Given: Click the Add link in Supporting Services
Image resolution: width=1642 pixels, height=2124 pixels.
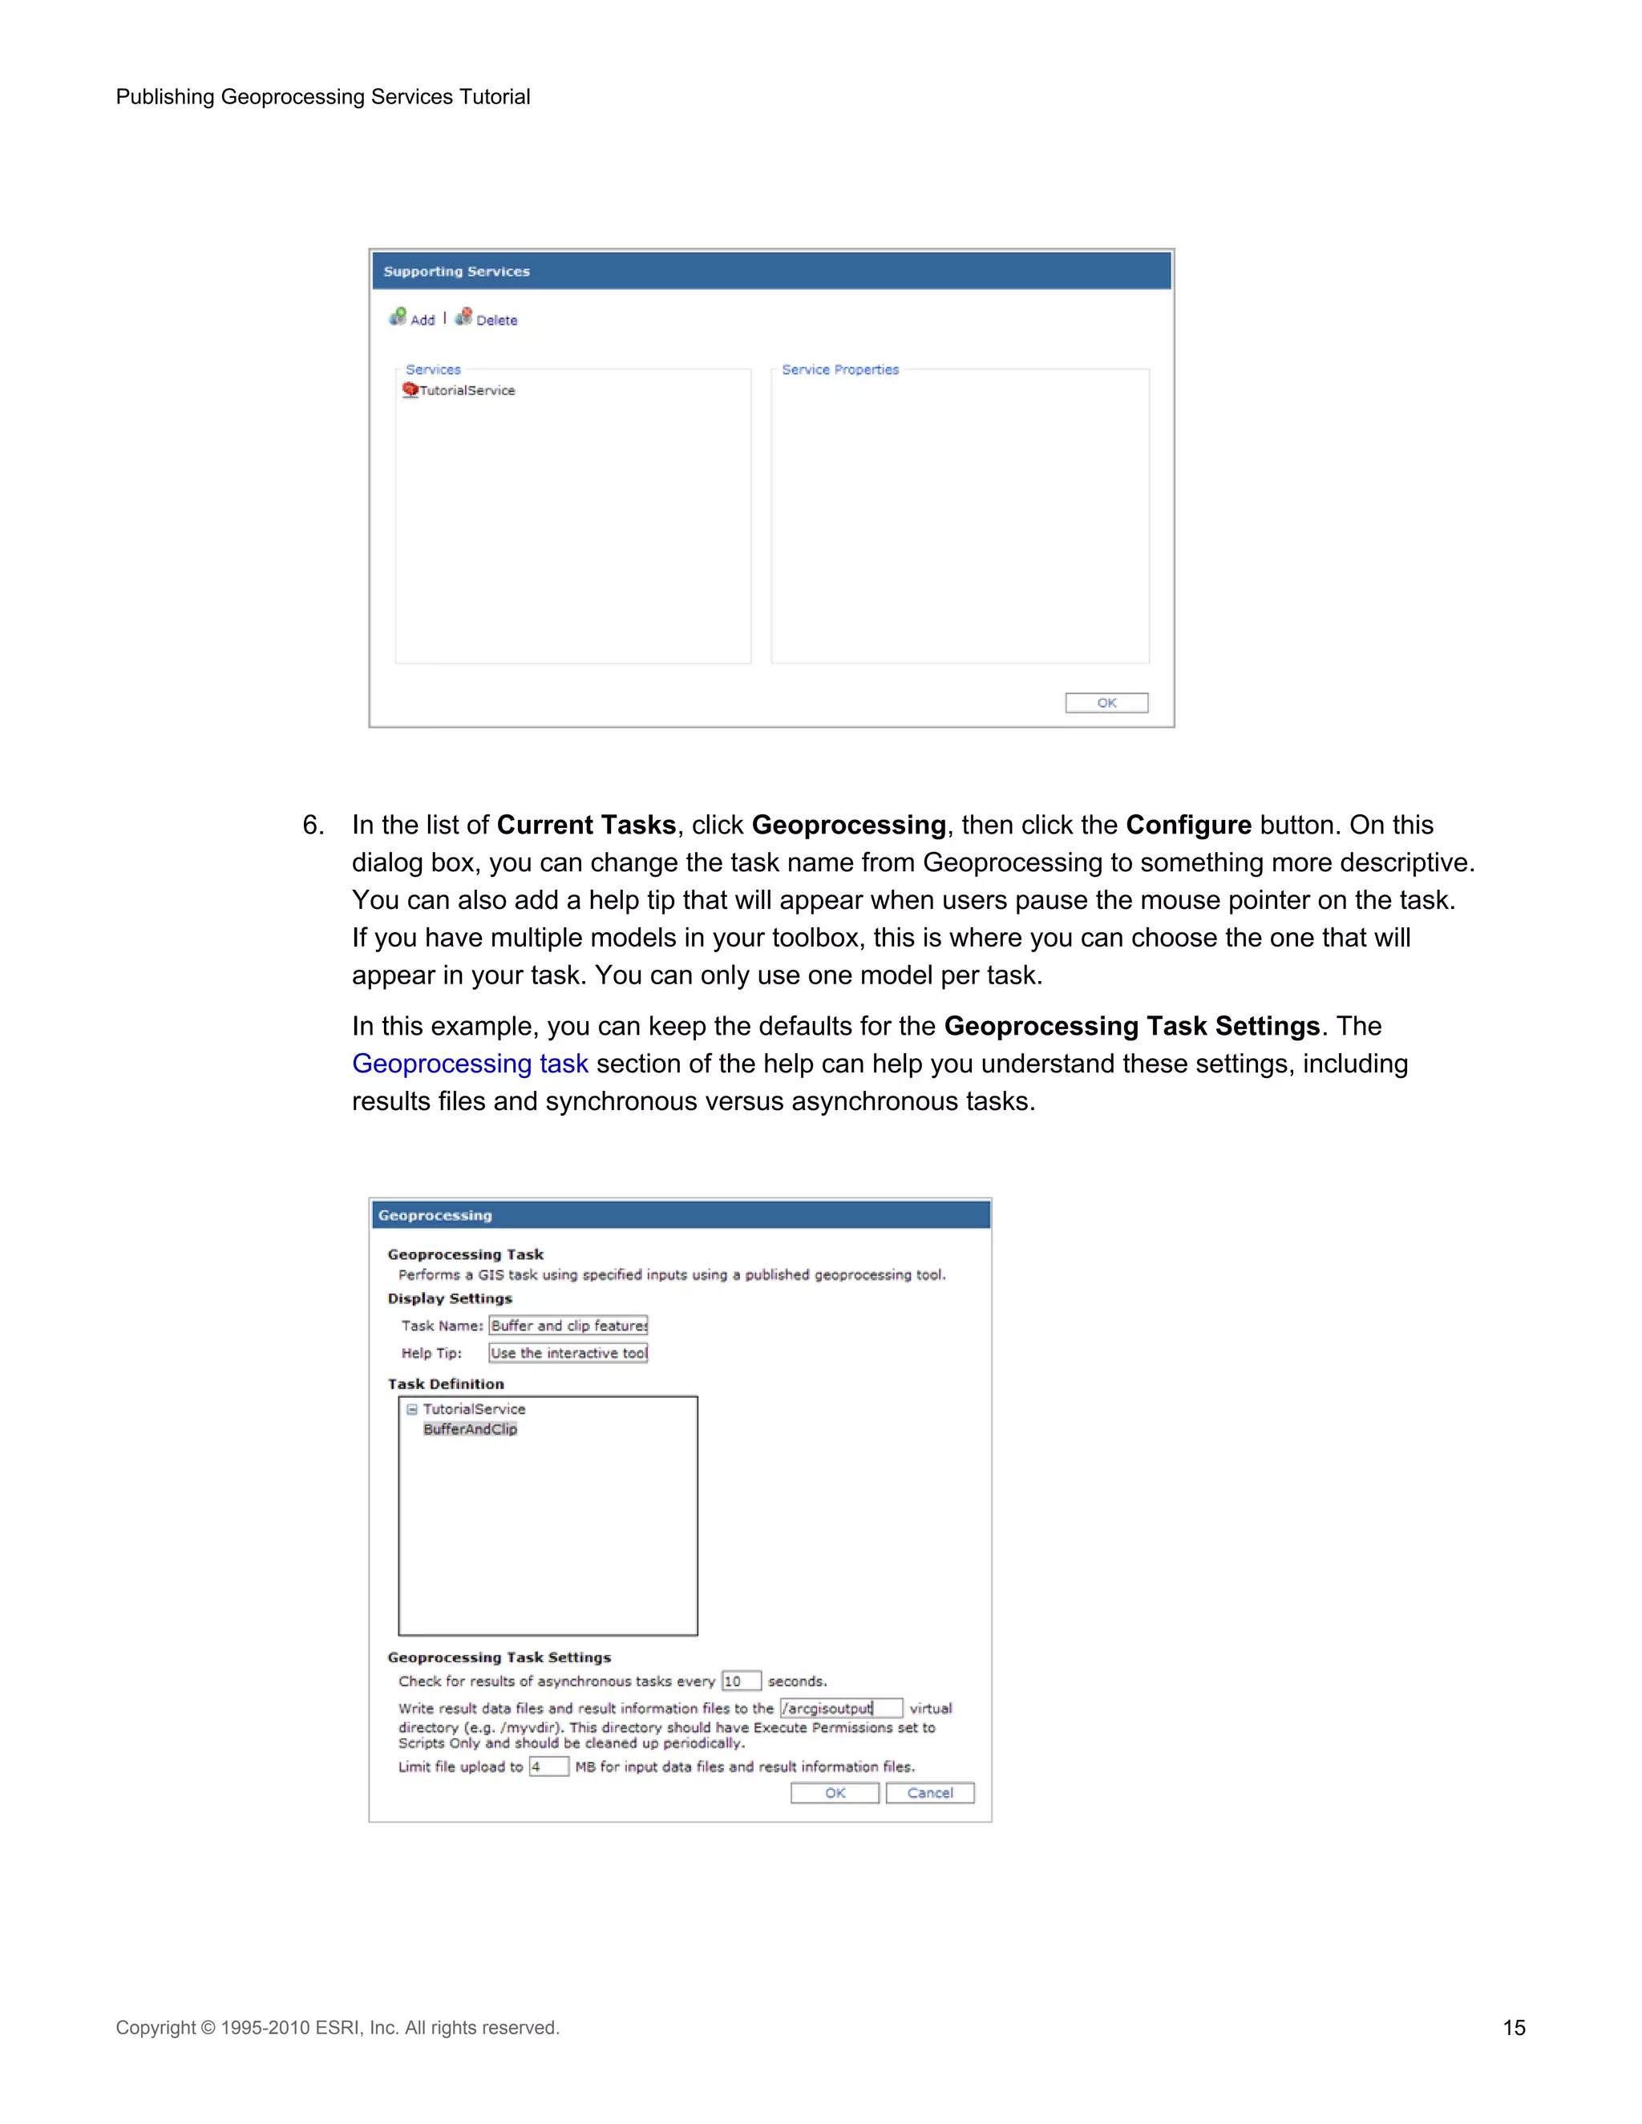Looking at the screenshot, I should coord(421,320).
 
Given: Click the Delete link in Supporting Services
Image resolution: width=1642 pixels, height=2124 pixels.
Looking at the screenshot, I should coord(495,320).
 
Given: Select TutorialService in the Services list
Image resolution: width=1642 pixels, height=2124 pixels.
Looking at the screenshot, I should coord(466,390).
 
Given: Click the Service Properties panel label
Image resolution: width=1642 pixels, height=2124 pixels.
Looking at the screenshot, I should coord(839,369).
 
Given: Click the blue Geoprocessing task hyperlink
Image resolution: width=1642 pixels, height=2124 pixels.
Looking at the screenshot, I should coord(470,1063).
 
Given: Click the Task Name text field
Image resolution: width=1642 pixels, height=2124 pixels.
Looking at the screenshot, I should coord(568,1326).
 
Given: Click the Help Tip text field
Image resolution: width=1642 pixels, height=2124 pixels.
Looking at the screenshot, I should coord(568,1353).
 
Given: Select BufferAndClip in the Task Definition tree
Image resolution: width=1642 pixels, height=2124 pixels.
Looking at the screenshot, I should coord(470,1428).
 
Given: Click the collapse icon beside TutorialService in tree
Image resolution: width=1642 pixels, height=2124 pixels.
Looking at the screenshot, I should coord(411,1409).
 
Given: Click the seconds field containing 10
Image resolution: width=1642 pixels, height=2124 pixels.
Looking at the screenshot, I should coord(740,1681).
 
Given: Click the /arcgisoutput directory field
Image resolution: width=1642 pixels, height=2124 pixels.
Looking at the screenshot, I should coord(840,1708).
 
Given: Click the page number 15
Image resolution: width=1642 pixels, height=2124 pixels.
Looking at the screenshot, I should coord(1514,2028).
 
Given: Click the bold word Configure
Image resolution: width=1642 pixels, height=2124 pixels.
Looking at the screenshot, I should coord(1187,825).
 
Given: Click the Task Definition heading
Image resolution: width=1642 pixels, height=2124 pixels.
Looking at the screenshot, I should coord(446,1384).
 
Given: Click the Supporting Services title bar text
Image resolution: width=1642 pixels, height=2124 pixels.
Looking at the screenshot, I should coord(456,272).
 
